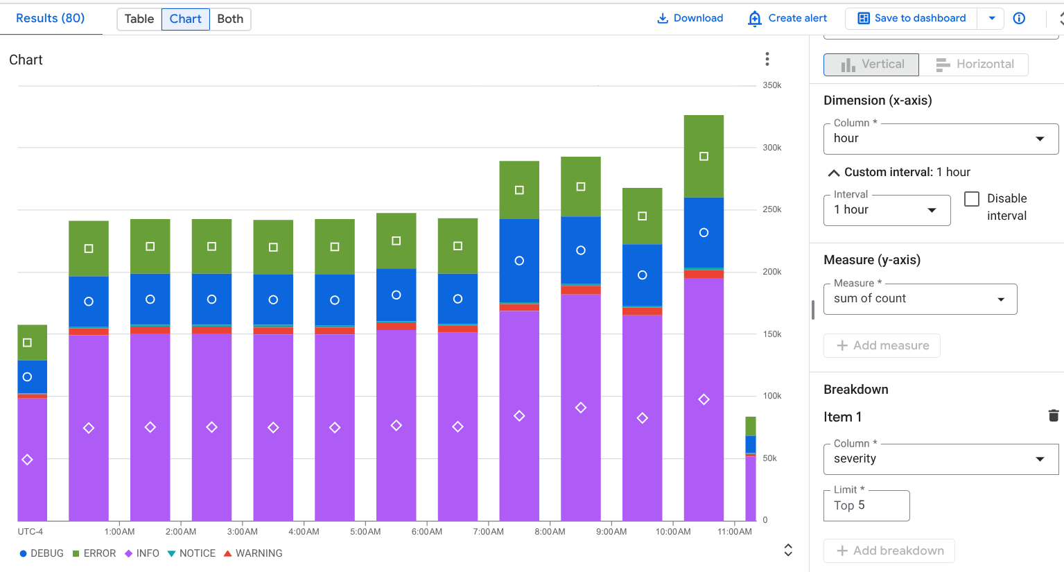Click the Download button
point(690,19)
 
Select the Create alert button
point(787,19)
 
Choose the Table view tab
point(139,19)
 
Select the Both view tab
point(230,19)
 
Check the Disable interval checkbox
point(972,199)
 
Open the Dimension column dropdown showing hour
point(941,139)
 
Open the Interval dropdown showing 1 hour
point(887,210)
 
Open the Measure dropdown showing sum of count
point(920,299)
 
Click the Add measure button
point(882,345)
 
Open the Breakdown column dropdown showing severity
point(941,459)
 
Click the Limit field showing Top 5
point(866,505)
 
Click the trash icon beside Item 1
point(1054,416)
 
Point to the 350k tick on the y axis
point(771,85)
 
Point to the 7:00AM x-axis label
point(489,532)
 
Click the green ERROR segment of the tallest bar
point(704,157)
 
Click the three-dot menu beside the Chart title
point(767,59)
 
